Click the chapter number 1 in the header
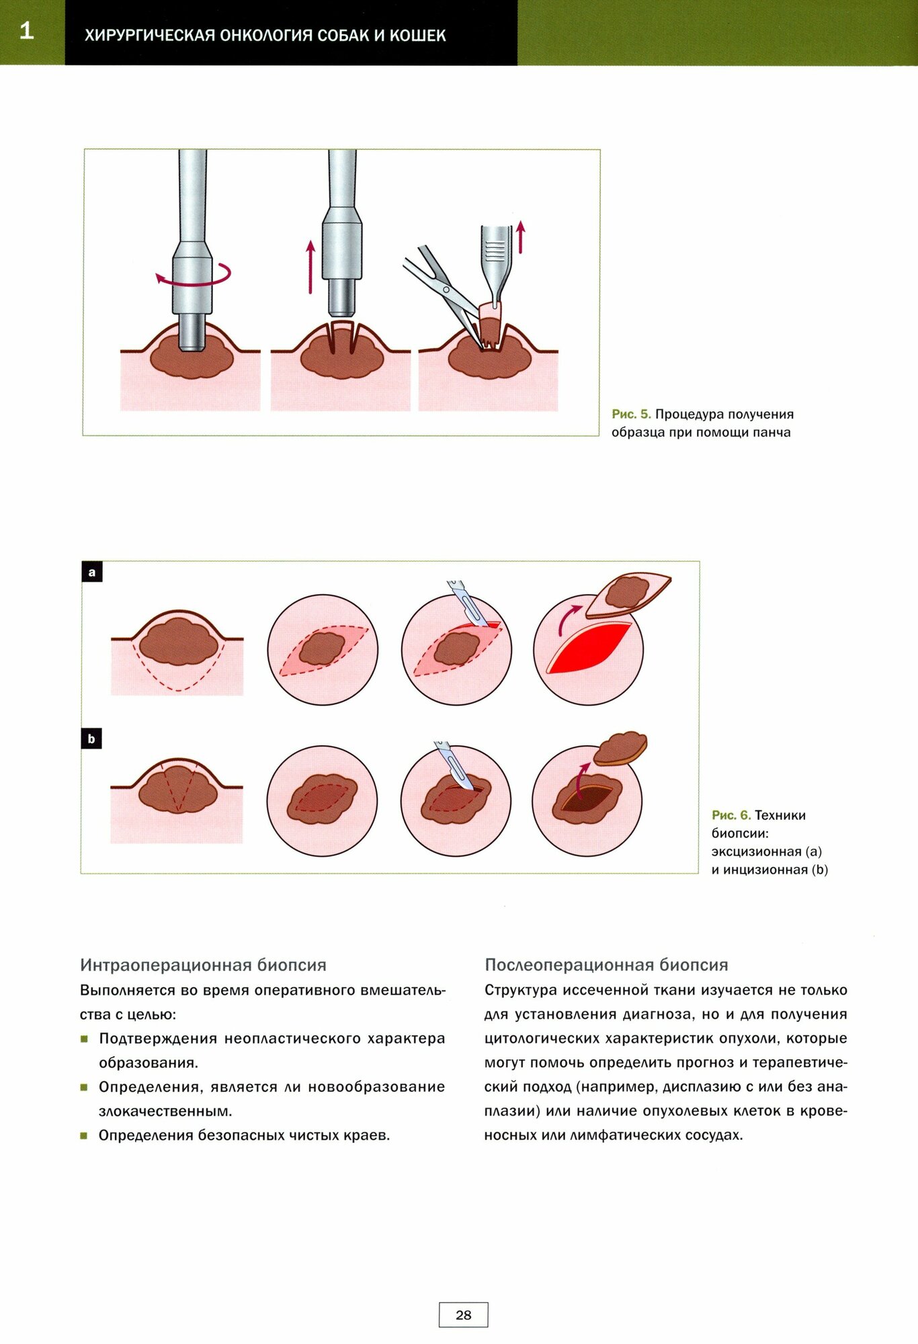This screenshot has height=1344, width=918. [26, 31]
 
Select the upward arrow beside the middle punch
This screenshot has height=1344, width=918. [310, 267]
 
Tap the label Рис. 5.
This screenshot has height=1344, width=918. [631, 415]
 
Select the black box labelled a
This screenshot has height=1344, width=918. [92, 573]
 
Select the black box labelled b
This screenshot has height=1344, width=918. [91, 739]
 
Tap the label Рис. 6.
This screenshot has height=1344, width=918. [731, 815]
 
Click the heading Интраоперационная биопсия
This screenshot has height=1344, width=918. [203, 965]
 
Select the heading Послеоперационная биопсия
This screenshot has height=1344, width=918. [606, 965]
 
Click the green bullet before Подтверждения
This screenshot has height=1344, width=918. [85, 1039]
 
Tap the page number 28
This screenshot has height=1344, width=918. [463, 1315]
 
